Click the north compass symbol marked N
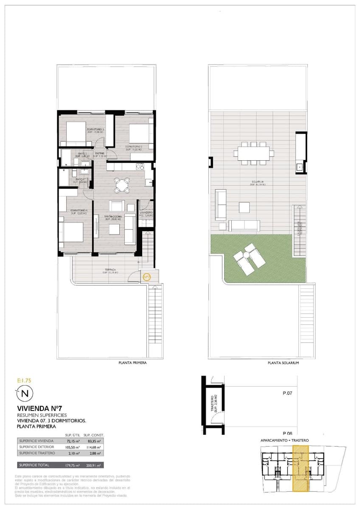coord(25,393)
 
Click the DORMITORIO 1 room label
coord(79,211)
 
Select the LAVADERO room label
coord(146,213)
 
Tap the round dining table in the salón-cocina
coord(122,184)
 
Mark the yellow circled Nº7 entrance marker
coord(146,277)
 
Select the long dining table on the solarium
coord(253,153)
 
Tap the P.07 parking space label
coord(287,393)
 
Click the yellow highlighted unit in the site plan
coord(301,468)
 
